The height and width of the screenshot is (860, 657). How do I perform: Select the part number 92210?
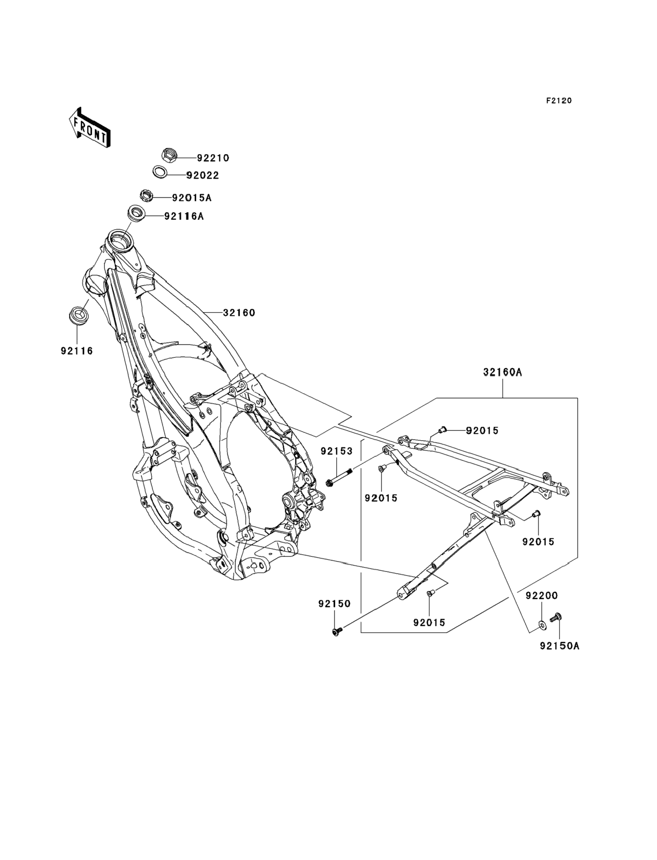[213, 158]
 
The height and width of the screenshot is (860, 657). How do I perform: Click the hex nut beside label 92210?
[169, 155]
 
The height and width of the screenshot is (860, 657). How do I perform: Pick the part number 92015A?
[192, 198]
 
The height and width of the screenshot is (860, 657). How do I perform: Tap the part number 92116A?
[184, 216]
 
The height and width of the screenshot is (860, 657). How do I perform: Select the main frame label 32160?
[239, 313]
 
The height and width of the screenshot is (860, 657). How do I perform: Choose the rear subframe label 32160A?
[503, 372]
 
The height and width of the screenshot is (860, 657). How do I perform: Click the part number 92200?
[542, 596]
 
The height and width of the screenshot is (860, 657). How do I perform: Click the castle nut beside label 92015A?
[146, 195]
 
